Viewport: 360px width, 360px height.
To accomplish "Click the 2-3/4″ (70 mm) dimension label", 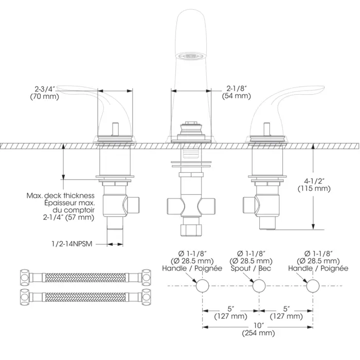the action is point(45,93).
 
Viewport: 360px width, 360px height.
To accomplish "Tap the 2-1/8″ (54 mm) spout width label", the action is point(236,92).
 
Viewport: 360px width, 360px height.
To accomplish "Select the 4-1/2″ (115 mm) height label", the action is point(314,185).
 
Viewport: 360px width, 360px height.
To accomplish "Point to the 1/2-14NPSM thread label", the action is point(72,244).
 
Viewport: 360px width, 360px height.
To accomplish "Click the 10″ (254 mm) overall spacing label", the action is point(258,329).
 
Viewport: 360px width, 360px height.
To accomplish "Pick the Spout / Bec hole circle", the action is point(259,286).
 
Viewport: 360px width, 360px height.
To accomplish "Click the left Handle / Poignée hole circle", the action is point(203,286).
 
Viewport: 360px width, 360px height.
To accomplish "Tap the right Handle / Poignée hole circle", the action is point(313,286).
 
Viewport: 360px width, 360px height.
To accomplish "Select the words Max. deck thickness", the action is point(61,195).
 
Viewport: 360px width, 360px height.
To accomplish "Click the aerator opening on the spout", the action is point(191,56).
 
